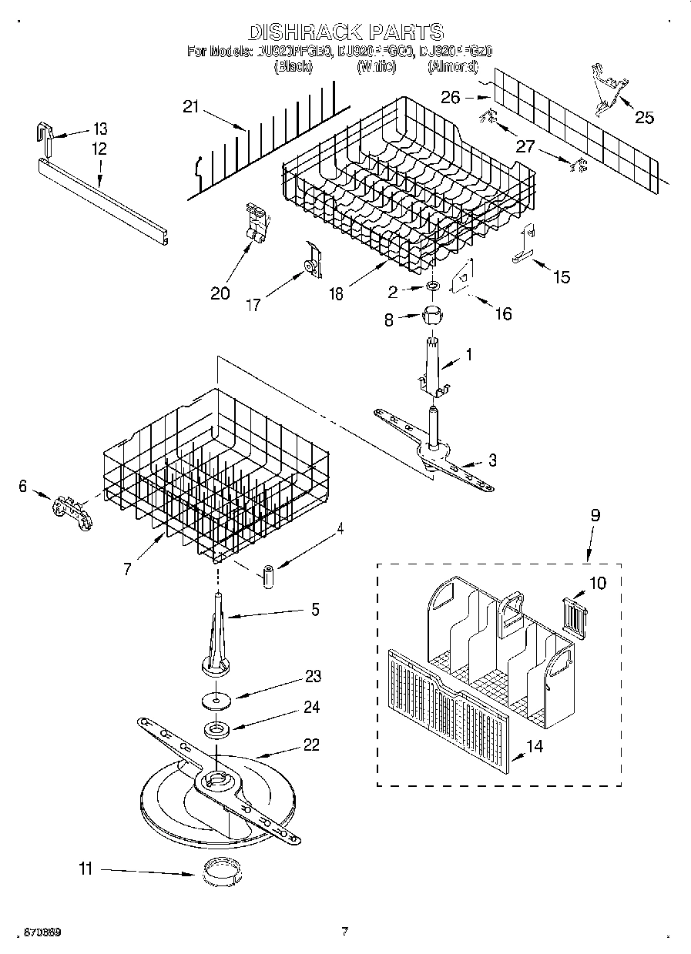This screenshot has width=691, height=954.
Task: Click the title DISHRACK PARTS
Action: tap(345, 32)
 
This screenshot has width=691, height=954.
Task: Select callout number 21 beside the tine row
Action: tap(190, 107)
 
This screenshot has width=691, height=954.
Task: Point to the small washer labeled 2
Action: tap(434, 287)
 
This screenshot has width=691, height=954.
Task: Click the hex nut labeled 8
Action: tap(434, 315)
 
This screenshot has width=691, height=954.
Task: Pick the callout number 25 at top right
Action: tap(644, 117)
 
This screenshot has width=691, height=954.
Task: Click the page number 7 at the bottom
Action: tap(344, 932)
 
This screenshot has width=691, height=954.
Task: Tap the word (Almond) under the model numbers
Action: tap(453, 67)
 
